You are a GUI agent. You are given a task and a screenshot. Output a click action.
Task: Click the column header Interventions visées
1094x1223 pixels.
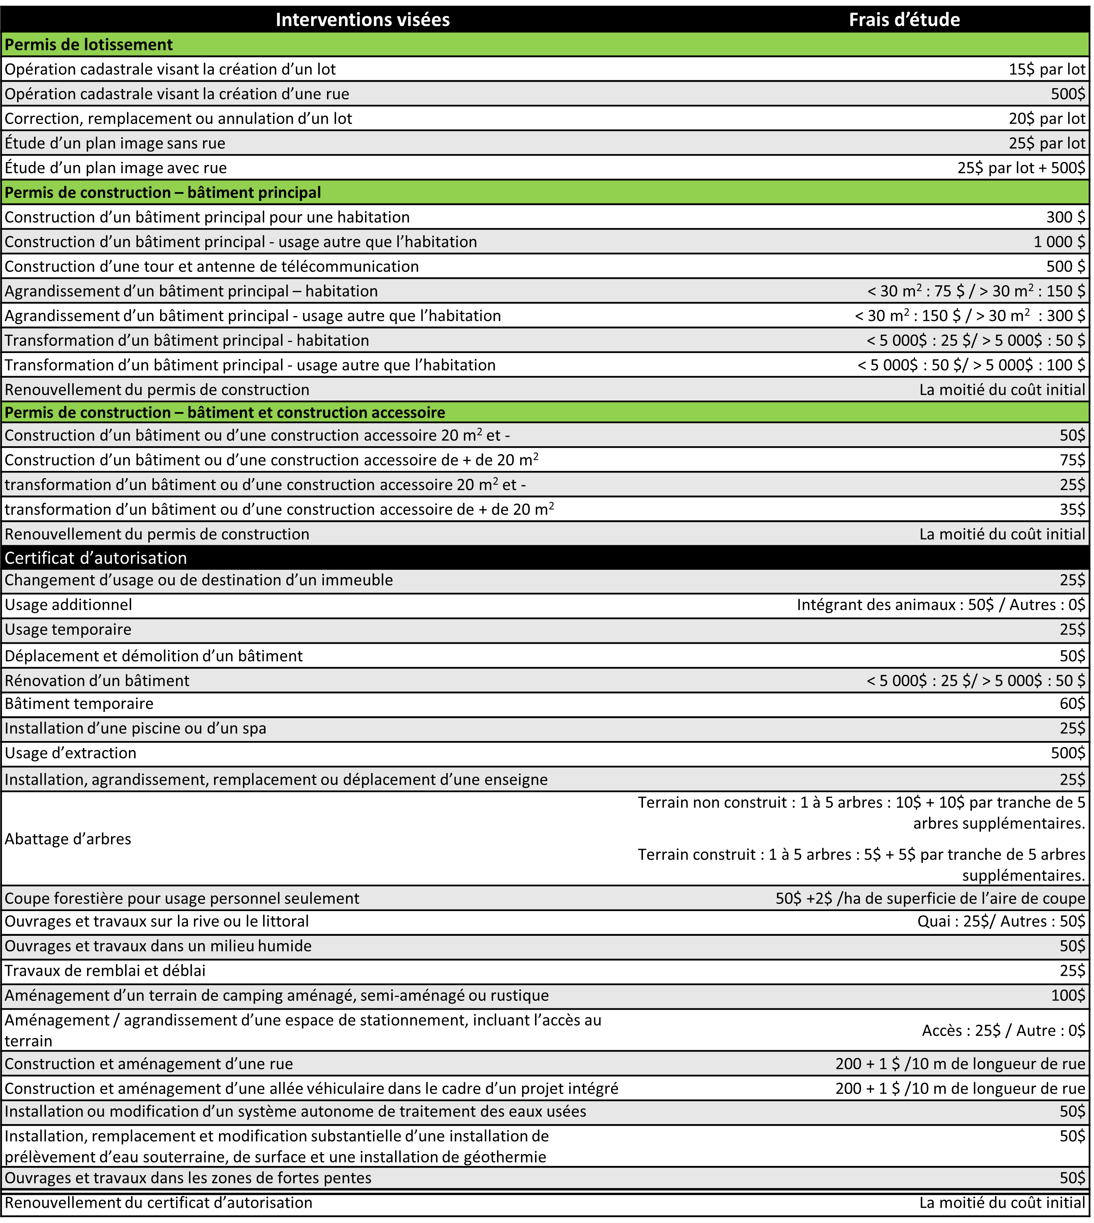click(362, 20)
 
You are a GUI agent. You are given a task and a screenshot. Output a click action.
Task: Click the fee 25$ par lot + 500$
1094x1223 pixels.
click(1021, 168)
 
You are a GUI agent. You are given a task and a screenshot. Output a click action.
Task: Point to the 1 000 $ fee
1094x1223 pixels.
click(1059, 242)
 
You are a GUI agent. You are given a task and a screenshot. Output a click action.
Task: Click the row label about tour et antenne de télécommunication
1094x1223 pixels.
click(211, 266)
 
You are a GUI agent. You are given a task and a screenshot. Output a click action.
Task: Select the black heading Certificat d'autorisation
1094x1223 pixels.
click(96, 558)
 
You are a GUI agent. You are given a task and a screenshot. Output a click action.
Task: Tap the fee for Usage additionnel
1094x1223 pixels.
click(941, 605)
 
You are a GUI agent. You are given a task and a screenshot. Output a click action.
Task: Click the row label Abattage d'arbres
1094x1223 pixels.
click(68, 839)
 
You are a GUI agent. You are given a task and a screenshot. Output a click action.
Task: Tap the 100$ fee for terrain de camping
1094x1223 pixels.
click(1068, 995)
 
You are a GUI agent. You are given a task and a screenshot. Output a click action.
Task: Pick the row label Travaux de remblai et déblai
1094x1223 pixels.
click(105, 970)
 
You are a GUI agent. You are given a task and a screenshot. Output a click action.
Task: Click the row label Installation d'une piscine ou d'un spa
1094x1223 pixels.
click(135, 728)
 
